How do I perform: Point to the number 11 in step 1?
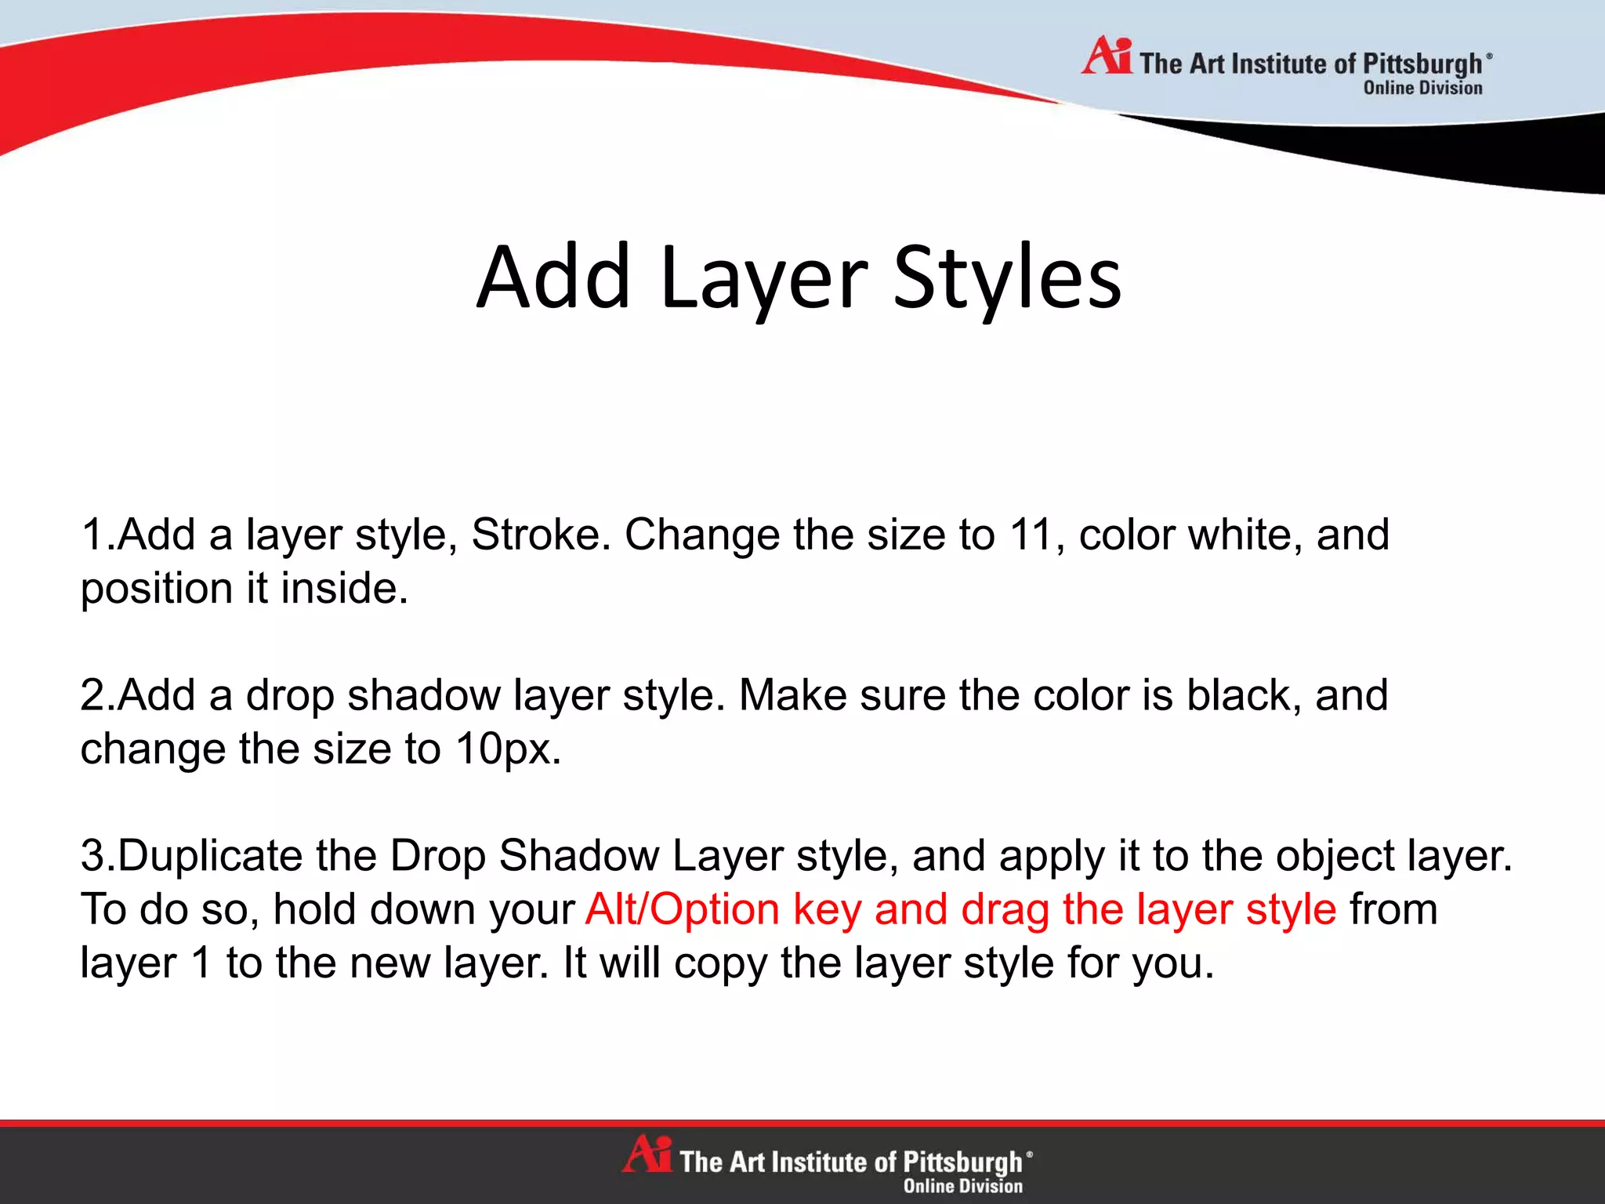1030,535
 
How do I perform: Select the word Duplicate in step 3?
209,856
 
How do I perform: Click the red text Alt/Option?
682,910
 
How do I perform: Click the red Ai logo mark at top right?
1106,56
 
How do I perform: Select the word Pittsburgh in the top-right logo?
1422,63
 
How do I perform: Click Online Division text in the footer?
962,1186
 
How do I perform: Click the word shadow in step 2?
424,695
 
